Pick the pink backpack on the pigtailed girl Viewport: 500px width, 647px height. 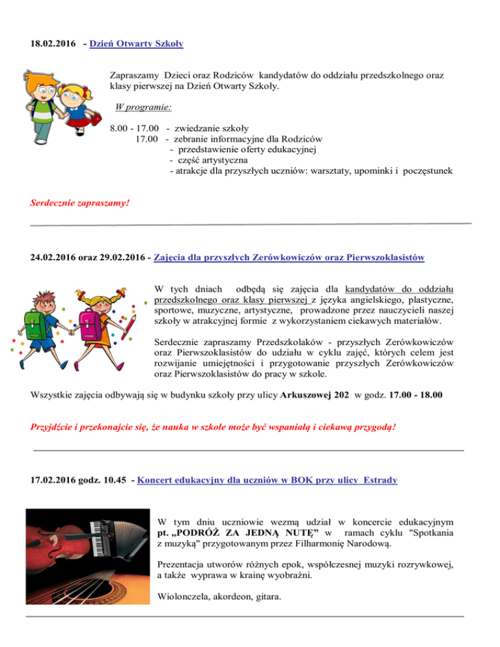[x=90, y=325]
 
